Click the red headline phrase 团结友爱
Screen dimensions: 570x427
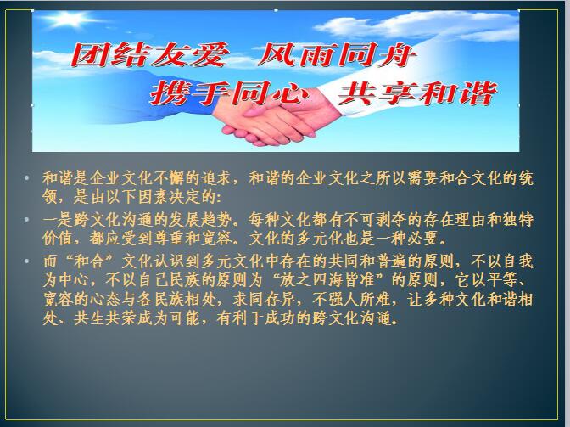point(150,55)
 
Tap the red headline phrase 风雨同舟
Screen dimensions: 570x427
point(337,55)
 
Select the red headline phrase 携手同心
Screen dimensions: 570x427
point(230,93)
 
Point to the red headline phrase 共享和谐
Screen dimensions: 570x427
point(417,93)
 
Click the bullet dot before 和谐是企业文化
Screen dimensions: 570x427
point(26,178)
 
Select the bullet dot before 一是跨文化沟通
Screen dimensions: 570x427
point(26,220)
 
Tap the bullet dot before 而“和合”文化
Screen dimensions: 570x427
point(26,261)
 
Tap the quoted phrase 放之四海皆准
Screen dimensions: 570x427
point(331,280)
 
